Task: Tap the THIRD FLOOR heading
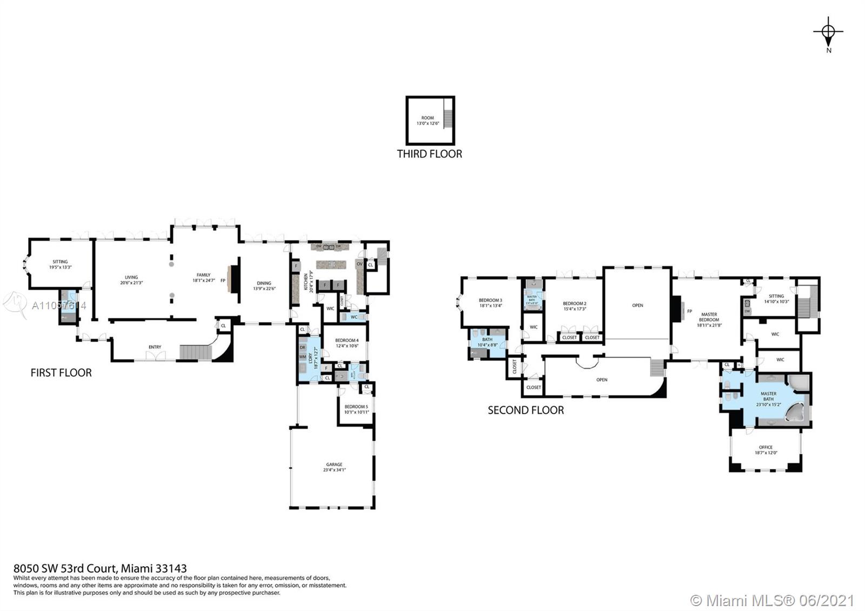tap(429, 154)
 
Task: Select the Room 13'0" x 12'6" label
tap(428, 121)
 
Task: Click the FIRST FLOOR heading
tap(61, 373)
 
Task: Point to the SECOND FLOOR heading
tap(525, 410)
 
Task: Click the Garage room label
tap(334, 467)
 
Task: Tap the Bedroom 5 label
tap(356, 409)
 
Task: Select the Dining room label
tap(264, 285)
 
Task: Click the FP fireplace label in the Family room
tap(223, 281)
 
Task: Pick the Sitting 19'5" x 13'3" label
tap(60, 264)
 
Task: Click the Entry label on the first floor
tap(155, 347)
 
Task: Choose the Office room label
tap(766, 450)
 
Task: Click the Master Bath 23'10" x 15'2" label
tap(768, 399)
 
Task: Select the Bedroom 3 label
tap(490, 303)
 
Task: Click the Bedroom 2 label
tap(574, 306)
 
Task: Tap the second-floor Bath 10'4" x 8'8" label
tap(487, 342)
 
